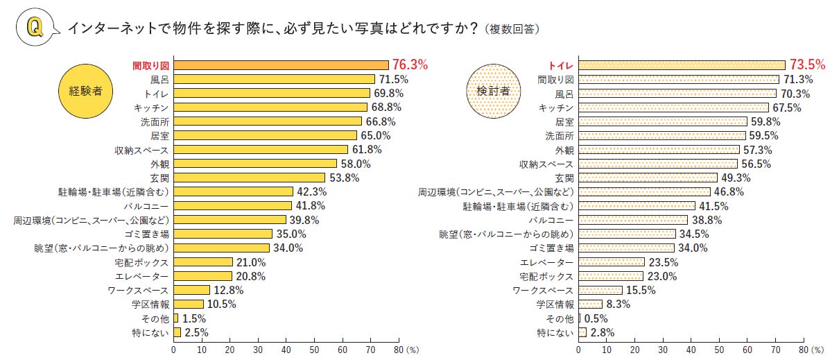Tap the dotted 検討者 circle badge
pos(493,91)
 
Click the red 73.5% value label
pos(808,65)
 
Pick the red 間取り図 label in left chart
pos(151,65)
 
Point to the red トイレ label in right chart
pos(561,65)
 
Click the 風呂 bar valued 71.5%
pos(274,79)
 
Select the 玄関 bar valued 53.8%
pos(249,178)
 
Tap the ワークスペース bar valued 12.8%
pos(191,290)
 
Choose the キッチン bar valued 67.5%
pos(673,108)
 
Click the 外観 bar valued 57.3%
pos(659,150)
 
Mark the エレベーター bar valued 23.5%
pos(612,262)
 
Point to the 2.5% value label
pos(196,332)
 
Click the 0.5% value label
pos(595,318)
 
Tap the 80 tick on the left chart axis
pos(399,350)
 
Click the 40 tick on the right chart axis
pos(691,350)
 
